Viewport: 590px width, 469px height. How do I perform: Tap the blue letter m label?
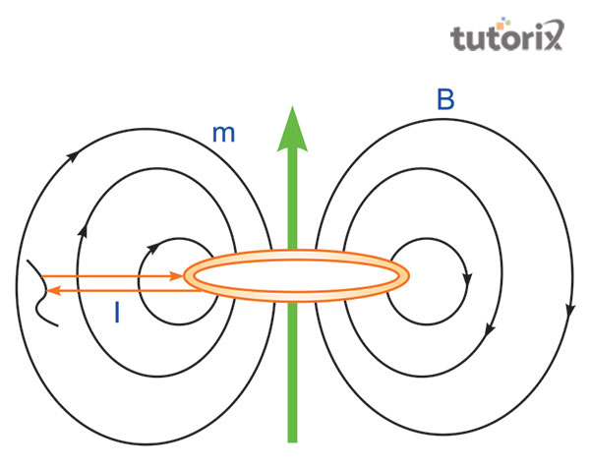coord(223,134)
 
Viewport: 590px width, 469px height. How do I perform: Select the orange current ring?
coord(296,276)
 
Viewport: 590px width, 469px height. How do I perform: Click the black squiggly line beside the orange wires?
coord(40,289)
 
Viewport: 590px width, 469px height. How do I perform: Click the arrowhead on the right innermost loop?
coord(467,276)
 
